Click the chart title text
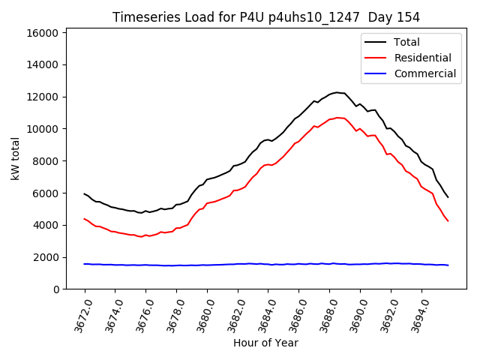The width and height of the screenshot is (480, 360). [265, 17]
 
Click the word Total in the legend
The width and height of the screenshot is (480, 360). [406, 42]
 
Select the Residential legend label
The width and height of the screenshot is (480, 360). [423, 58]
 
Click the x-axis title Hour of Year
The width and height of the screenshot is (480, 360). [265, 343]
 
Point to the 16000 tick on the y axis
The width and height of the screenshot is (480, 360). [43, 33]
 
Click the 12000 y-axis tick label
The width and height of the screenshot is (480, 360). [43, 97]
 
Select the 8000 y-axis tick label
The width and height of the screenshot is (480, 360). [46, 161]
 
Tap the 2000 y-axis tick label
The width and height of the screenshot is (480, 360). [46, 257]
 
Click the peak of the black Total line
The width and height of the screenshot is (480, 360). [337, 92]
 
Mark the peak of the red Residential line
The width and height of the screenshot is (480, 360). [337, 117]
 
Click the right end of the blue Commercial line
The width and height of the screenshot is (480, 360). [448, 265]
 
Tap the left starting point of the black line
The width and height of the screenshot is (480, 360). [85, 193]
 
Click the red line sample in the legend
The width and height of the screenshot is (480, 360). [375, 58]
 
